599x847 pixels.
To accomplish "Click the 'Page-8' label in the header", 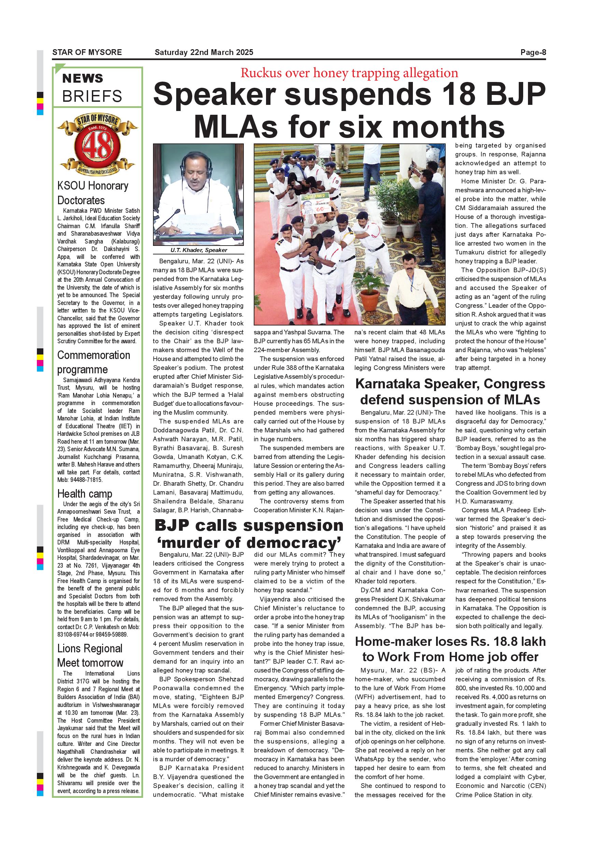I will (x=533, y=52).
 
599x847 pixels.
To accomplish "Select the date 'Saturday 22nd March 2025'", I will (x=204, y=52).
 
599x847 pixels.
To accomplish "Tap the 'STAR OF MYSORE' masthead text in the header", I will (x=87, y=52).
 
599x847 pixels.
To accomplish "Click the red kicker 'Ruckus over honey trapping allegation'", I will (x=349, y=73).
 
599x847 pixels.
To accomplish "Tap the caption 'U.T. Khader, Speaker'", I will (x=198, y=250).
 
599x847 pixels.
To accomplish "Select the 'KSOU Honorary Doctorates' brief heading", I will (x=93, y=193).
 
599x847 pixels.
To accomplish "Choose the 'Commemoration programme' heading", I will (x=93, y=362).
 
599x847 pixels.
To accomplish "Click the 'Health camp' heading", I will (x=84, y=494).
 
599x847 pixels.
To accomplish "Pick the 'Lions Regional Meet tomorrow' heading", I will (x=90, y=655).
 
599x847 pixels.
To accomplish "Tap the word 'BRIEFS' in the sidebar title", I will (x=92, y=97).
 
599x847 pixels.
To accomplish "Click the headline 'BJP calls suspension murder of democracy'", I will (x=249, y=534).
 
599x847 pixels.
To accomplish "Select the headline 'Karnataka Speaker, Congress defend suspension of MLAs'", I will (x=450, y=392).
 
